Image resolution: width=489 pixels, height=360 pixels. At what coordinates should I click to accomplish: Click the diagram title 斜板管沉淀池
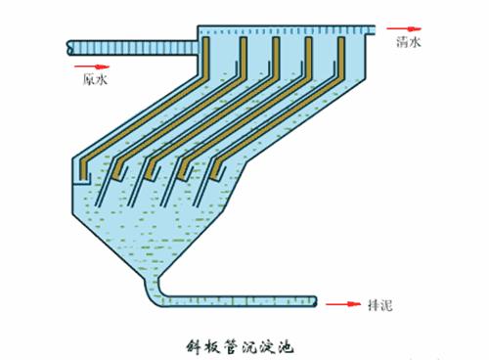tap(240, 345)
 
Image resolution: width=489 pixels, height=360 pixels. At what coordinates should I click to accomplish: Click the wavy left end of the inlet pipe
tap(69, 45)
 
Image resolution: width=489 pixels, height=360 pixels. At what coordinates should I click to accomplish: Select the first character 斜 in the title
tap(192, 345)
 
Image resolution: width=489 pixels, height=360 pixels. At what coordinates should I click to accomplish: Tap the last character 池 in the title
tap(287, 345)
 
